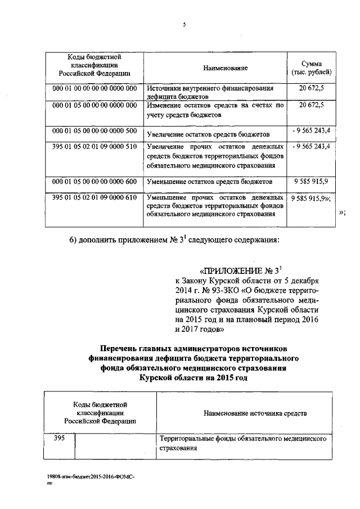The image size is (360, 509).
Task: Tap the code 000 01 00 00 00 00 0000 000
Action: click(x=94, y=88)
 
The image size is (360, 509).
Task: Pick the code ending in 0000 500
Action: click(x=94, y=131)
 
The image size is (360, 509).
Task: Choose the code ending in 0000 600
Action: click(x=94, y=182)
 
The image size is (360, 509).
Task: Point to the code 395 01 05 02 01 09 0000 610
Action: click(x=94, y=198)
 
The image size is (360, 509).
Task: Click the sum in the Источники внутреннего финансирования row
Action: click(x=312, y=88)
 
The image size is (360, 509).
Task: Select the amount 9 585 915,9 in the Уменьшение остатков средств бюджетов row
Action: click(x=311, y=182)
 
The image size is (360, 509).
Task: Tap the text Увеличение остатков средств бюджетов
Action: click(x=208, y=134)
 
